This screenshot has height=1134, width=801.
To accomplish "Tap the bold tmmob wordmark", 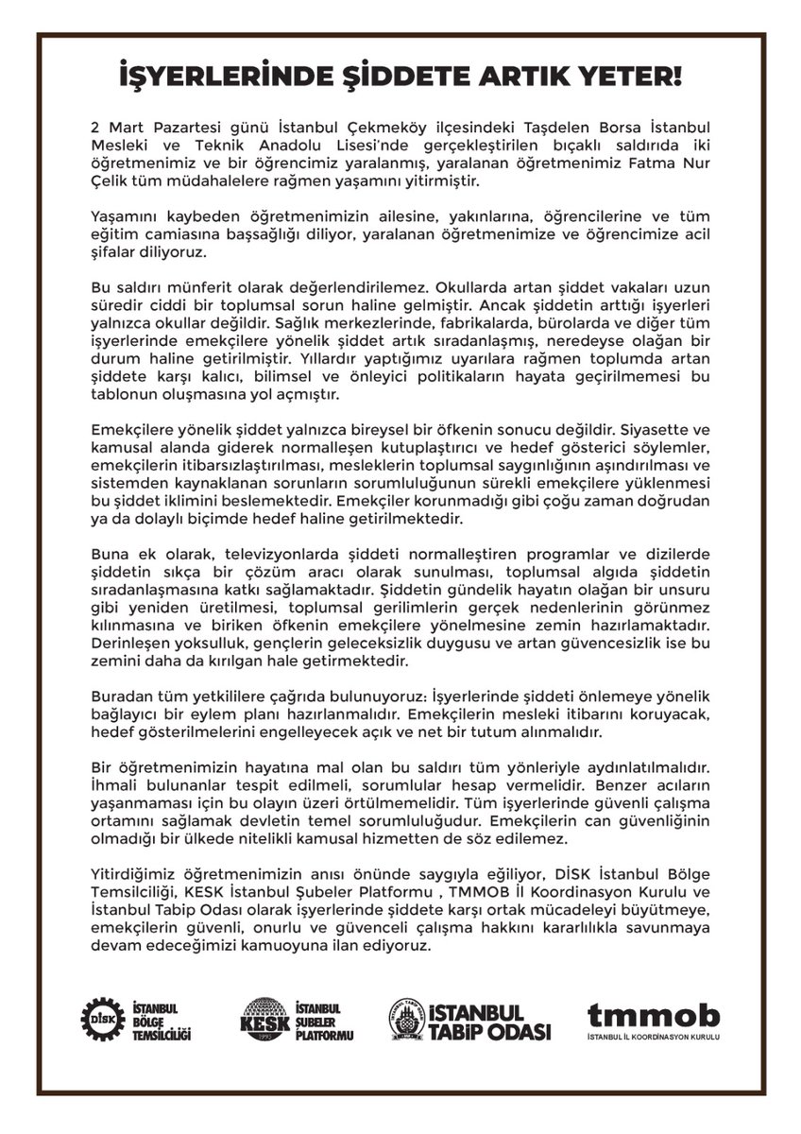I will tap(653, 1016).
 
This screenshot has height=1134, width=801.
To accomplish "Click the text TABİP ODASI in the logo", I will tap(494, 1030).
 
